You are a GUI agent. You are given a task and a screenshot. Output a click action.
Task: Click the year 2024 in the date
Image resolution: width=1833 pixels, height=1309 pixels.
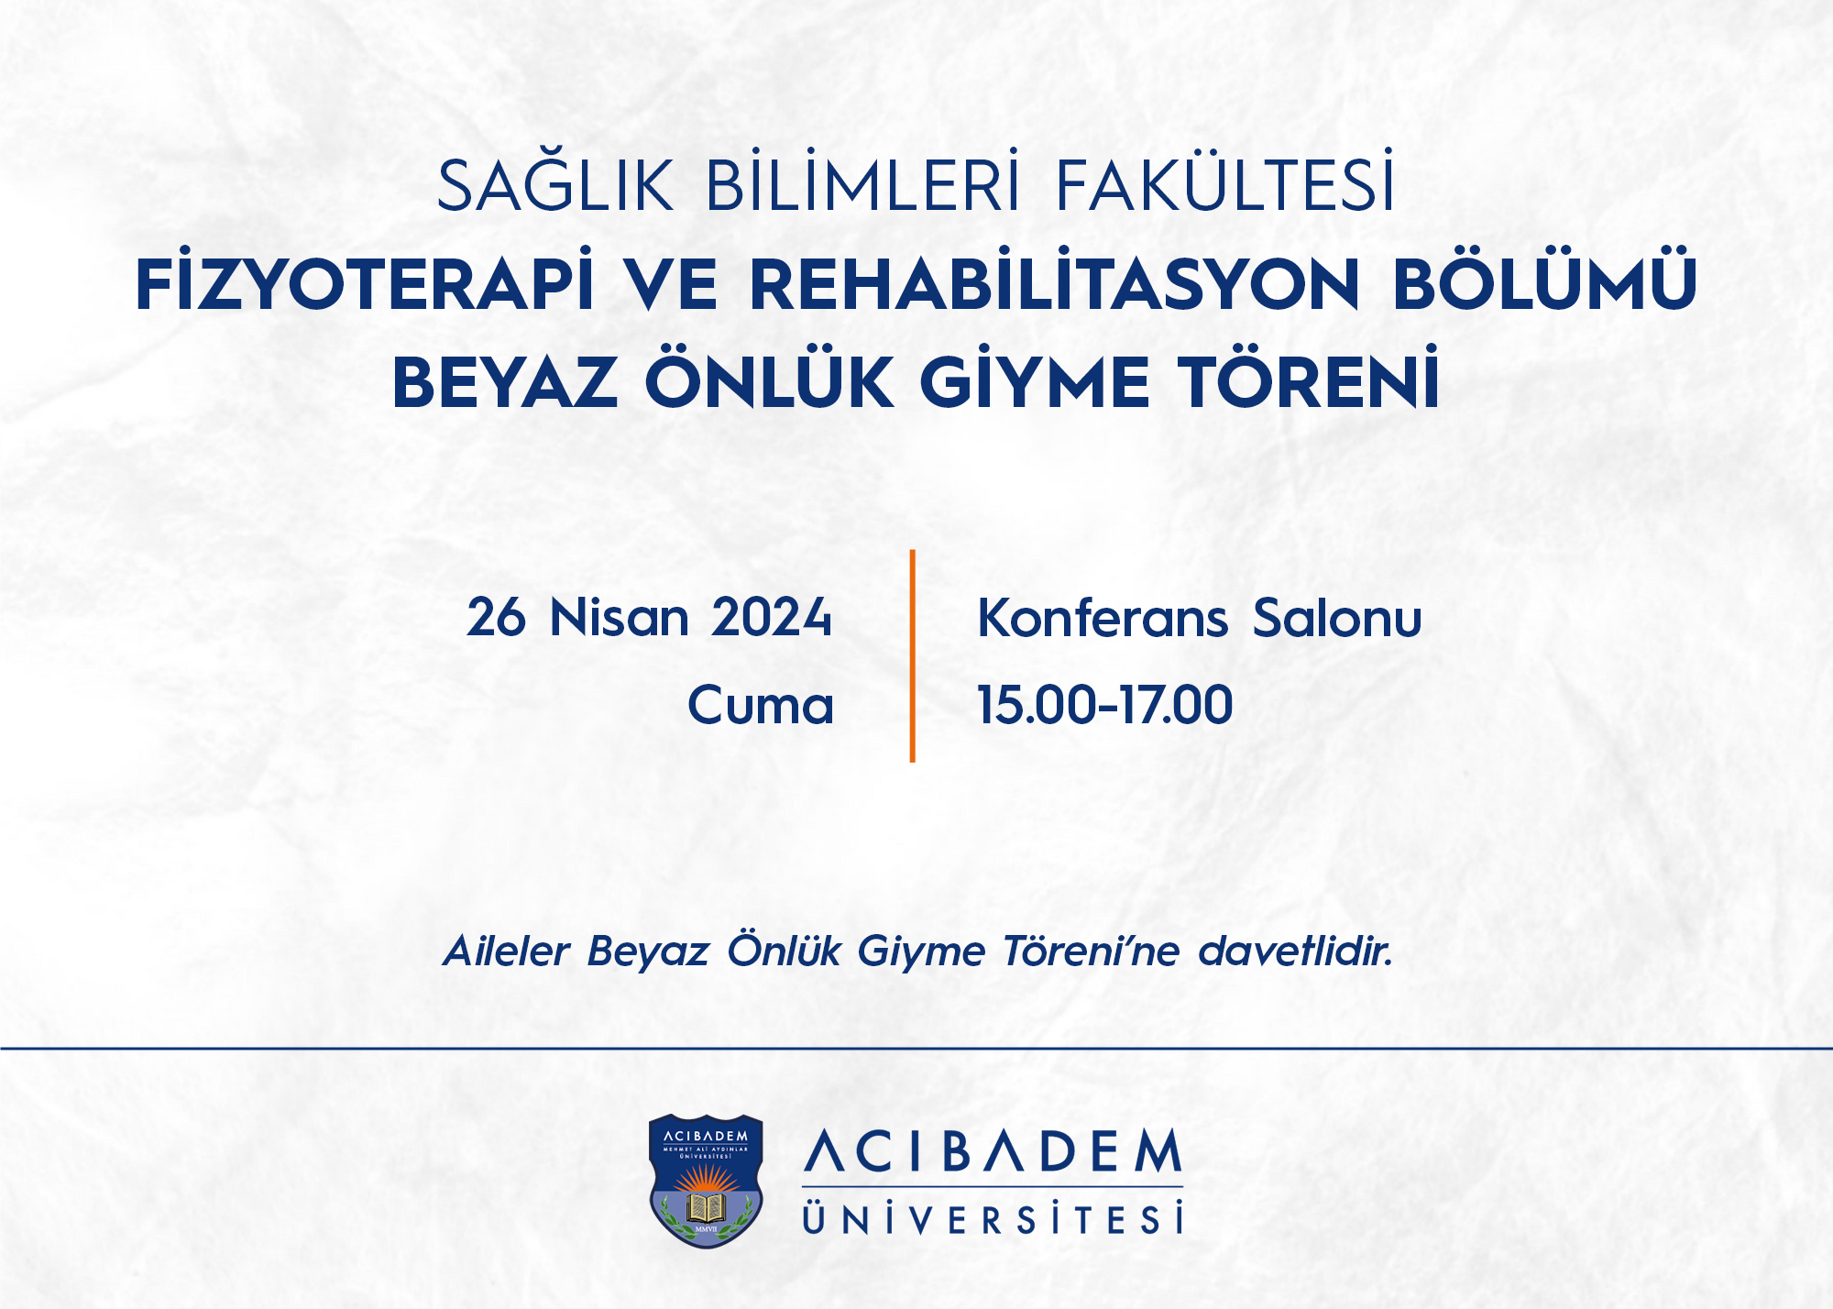point(771,617)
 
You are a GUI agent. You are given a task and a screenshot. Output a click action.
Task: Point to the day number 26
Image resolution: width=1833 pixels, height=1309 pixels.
point(496,617)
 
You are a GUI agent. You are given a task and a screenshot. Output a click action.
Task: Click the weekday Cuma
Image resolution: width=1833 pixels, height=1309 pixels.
point(761,705)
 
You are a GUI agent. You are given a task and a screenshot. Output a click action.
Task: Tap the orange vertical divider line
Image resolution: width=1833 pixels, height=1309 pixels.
point(912,655)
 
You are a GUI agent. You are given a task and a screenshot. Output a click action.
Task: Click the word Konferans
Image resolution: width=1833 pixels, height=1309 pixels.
point(1103,617)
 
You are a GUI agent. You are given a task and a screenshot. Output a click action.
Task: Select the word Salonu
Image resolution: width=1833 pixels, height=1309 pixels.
point(1337,617)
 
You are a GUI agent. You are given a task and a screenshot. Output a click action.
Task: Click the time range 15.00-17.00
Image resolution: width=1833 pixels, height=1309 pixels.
point(1105,705)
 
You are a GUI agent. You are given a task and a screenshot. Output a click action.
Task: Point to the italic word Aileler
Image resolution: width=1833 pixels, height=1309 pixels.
point(507,951)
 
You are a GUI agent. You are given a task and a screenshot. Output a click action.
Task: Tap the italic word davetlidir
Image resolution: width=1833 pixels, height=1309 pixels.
point(1296,951)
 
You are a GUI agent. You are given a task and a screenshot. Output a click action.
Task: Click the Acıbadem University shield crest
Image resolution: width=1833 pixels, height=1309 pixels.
point(706,1181)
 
